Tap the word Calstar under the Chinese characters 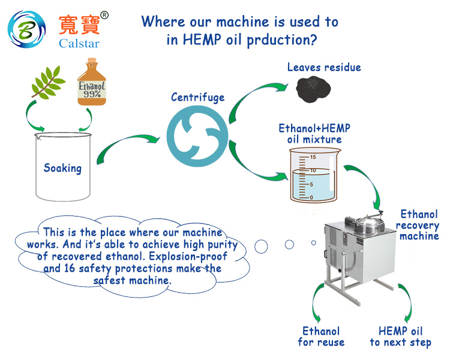coord(79,43)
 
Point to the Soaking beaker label coord(62,168)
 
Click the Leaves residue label coord(324,67)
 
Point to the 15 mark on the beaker coord(312,157)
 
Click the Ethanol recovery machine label coord(419,225)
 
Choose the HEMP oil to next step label coord(400,337)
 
